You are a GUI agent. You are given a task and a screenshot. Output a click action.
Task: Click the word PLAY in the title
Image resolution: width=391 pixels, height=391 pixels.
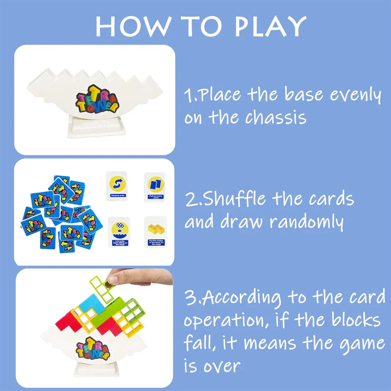pos(270,27)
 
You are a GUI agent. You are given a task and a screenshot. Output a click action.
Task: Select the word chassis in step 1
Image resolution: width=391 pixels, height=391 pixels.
pos(275,117)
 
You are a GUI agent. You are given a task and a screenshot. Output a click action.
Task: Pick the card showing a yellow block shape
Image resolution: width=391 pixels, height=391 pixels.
pos(155,232)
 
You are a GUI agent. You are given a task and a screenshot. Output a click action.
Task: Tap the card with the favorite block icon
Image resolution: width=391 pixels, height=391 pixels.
pos(119,232)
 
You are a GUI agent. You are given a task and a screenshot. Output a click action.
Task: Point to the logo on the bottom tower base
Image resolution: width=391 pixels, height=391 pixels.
pos(93,348)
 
